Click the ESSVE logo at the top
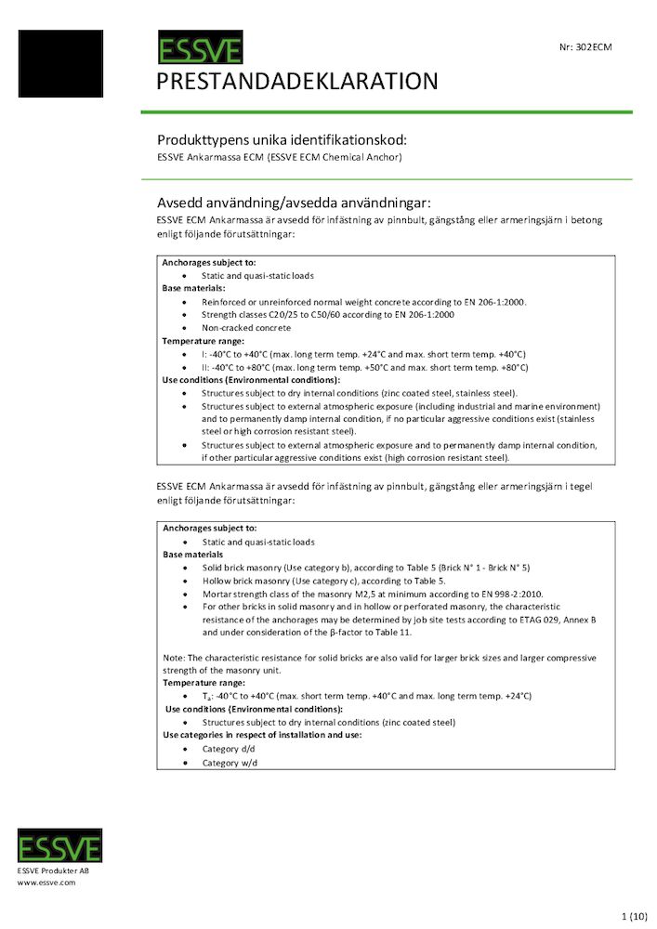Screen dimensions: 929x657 [x=200, y=48]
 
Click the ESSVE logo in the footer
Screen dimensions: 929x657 [x=59, y=845]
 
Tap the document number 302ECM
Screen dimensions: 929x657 [x=585, y=46]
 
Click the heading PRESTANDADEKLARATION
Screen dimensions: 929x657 [x=297, y=81]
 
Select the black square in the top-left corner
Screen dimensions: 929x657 [x=60, y=63]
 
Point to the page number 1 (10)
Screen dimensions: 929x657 [x=633, y=916]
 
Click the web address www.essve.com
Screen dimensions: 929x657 [x=46, y=883]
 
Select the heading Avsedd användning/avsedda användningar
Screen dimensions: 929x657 [x=295, y=203]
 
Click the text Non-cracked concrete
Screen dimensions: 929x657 [x=245, y=328]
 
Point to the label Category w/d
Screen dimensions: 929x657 [x=230, y=763]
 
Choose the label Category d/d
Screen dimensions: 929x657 [x=230, y=749]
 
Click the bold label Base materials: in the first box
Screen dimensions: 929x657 [x=193, y=289]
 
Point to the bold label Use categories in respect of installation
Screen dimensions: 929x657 [x=262, y=735]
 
